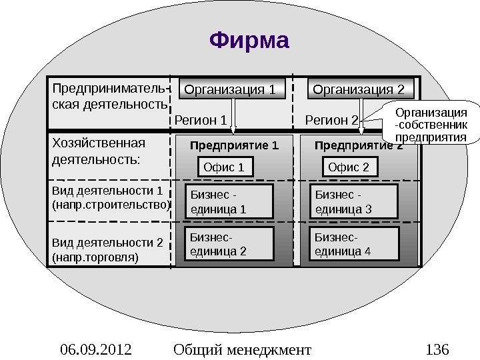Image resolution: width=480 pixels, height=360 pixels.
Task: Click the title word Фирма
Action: tap(250, 41)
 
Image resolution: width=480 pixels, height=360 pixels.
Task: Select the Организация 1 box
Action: tap(229, 89)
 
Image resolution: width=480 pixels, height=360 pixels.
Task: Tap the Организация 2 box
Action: tap(359, 89)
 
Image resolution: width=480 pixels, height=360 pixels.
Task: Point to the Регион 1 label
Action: tap(201, 121)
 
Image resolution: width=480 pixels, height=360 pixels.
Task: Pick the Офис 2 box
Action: tap(349, 167)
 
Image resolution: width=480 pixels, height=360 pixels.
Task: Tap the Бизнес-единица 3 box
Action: tap(355, 202)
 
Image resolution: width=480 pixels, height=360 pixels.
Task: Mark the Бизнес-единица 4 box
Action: tap(355, 244)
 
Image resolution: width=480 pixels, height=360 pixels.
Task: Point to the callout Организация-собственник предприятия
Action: tap(431, 123)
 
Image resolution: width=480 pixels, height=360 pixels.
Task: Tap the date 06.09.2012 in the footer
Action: tap(95, 349)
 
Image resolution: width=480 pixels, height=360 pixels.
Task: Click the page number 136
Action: tap(437, 349)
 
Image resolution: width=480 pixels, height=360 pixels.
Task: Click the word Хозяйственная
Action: tap(98, 143)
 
